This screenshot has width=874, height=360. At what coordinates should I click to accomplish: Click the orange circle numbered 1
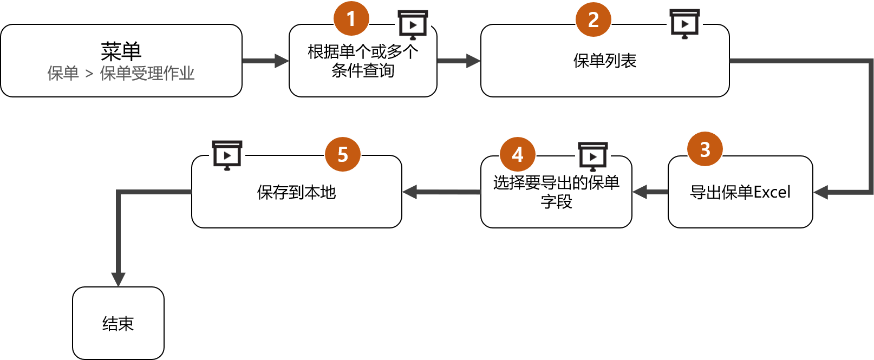pos(351,19)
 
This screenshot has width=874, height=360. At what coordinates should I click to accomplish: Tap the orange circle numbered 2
pos(593,20)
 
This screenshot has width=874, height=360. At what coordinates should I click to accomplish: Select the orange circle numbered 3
pos(705,149)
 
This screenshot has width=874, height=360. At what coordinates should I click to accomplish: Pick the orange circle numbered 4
pos(518,155)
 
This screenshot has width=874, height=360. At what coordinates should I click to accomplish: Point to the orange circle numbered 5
pos(342,155)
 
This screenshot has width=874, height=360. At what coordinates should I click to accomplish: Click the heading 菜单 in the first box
pos(121,51)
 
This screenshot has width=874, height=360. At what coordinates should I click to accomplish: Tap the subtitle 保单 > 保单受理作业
pos(121,73)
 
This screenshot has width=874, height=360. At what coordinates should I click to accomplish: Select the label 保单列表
pos(604,61)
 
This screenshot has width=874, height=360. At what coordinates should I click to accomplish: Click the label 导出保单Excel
pos(740,192)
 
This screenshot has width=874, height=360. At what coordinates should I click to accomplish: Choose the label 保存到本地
pos(296,192)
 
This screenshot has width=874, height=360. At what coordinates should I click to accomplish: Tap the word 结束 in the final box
pos(118,324)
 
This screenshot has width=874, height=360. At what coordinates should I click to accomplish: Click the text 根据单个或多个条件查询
pos(363,61)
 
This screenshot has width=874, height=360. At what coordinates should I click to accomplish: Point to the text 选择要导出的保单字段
pos(556,192)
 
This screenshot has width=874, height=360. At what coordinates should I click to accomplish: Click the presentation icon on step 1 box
pos(413,24)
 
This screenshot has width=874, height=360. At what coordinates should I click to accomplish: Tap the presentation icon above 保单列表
pos(684,23)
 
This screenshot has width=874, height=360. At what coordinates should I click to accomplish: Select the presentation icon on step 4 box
pos(593,156)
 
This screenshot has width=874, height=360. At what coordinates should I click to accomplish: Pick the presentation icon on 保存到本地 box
pos(227,154)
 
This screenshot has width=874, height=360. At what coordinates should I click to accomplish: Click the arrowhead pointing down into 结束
pos(118,279)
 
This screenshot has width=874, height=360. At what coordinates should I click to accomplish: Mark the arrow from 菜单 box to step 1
pos(265,61)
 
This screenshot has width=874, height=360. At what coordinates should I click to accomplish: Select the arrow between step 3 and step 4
pos(650,192)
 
